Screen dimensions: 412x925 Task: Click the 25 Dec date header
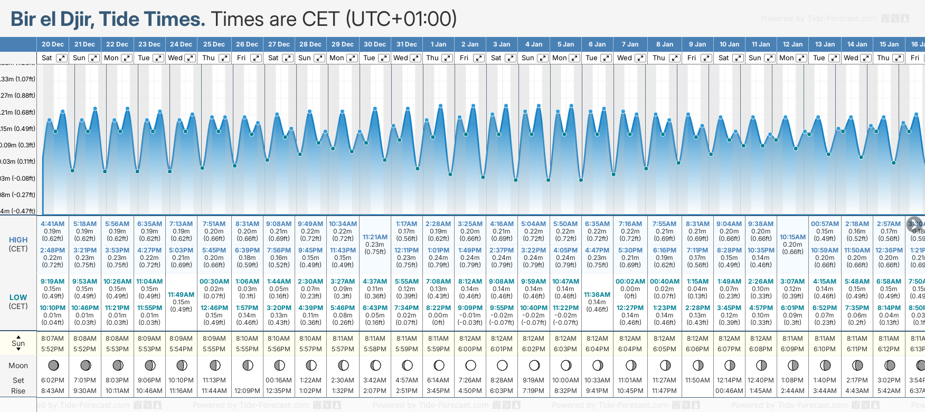(x=214, y=44)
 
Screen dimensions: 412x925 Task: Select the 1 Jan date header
(x=438, y=44)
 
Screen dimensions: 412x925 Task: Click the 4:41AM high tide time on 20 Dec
(x=52, y=224)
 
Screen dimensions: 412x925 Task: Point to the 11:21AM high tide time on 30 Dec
(x=375, y=237)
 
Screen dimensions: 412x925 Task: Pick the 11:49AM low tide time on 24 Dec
(x=181, y=295)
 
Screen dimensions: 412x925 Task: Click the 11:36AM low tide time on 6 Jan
(x=597, y=295)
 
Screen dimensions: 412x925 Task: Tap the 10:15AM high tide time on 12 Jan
(x=792, y=237)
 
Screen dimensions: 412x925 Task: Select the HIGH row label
(x=18, y=240)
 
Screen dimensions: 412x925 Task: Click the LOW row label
(x=18, y=297)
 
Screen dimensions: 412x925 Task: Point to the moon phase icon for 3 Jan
(x=502, y=365)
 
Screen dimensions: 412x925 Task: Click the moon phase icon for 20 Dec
(x=53, y=365)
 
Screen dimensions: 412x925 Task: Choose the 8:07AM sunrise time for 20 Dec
(x=52, y=339)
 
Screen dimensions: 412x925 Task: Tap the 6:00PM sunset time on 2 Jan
(x=470, y=349)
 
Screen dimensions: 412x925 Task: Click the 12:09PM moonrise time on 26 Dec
(x=247, y=391)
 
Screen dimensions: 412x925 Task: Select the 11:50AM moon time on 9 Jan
(x=697, y=380)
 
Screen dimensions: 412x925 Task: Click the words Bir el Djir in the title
(x=52, y=20)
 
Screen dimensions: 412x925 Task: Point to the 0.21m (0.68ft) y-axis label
(x=18, y=113)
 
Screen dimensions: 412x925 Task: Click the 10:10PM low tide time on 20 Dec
(x=52, y=308)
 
